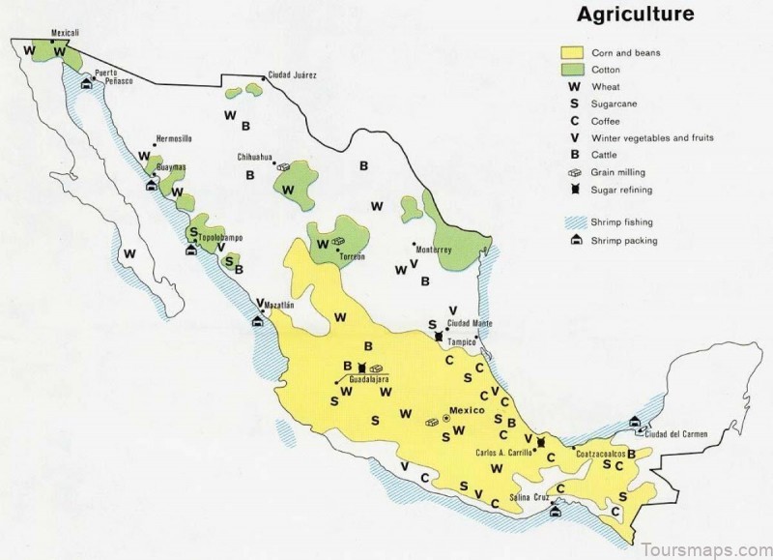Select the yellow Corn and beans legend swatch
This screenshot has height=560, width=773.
[573, 53]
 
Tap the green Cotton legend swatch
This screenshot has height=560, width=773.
[573, 71]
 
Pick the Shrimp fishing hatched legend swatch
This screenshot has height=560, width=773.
[573, 222]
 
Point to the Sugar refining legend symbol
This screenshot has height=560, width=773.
[573, 190]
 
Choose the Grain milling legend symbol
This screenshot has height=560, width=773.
[573, 172]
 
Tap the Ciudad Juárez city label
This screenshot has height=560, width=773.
[293, 74]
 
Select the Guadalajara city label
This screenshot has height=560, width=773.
[368, 380]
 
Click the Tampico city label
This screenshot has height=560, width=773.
[461, 341]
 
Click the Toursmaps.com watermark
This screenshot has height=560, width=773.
[704, 547]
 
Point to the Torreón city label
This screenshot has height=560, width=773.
[351, 257]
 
